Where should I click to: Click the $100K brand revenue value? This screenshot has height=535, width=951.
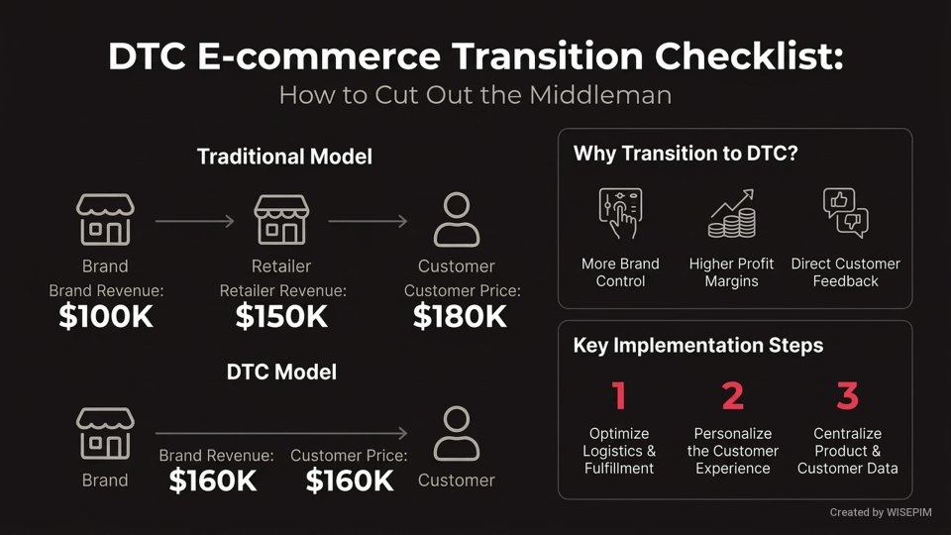105,316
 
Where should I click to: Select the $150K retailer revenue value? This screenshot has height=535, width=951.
281,316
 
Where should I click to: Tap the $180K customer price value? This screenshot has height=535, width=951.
460,316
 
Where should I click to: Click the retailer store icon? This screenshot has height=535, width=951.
282,220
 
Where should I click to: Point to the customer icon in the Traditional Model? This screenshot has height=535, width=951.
457,220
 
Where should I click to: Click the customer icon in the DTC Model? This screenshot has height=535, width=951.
457,433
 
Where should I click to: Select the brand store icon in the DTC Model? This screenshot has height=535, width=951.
105,433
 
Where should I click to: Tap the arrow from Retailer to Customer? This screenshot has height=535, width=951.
367,221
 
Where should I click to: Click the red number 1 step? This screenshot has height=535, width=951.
619,396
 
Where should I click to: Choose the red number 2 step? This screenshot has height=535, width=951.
732,396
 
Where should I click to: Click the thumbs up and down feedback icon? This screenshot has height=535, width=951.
845,212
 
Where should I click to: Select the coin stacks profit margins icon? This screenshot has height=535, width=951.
731,214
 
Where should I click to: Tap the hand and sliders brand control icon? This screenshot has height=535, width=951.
620,212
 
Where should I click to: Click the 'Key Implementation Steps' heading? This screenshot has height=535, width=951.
698,346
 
